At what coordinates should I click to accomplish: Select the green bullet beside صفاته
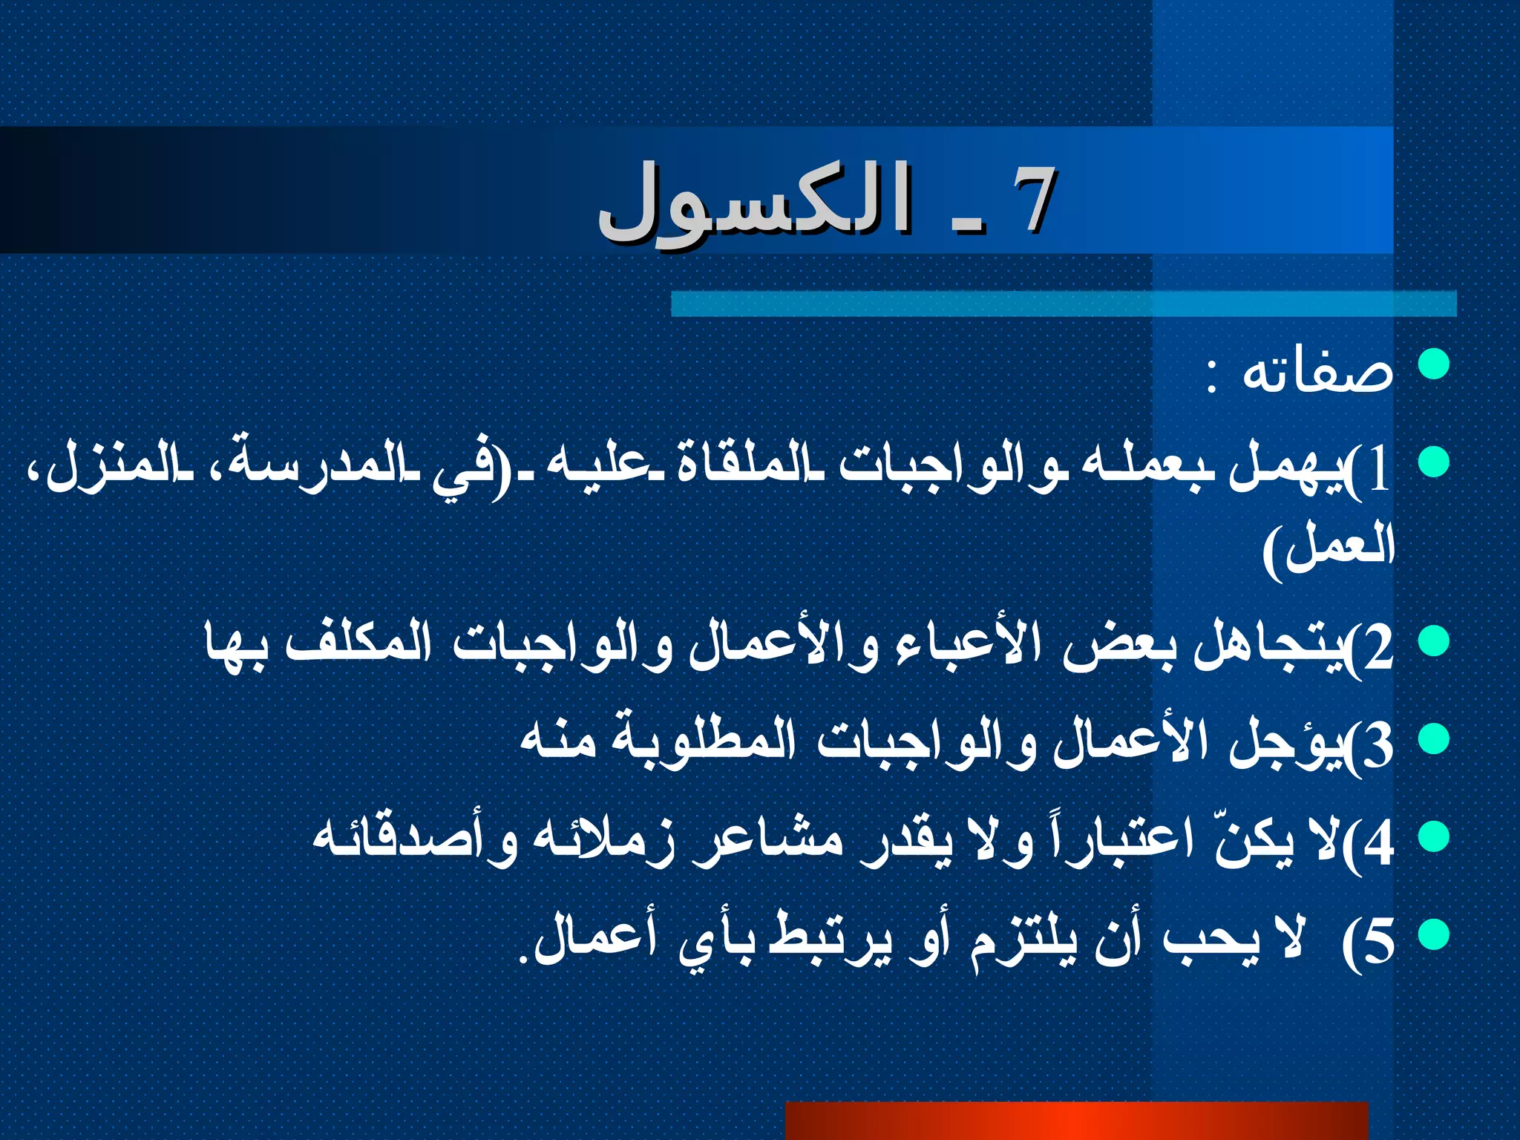coord(1433,364)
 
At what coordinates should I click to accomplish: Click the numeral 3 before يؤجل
coord(1379,747)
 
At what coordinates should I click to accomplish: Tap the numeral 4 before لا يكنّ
coord(1379,845)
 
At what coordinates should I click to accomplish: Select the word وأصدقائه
coord(416,840)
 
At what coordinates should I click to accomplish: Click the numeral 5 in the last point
coord(1379,943)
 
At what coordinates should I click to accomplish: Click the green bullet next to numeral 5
coord(1433,934)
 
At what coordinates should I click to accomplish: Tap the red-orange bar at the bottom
coord(1076,1121)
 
